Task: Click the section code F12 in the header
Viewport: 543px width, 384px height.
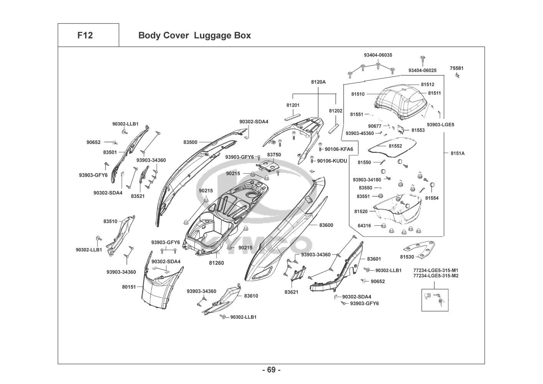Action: [85, 35]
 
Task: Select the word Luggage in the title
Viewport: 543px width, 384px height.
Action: [210, 35]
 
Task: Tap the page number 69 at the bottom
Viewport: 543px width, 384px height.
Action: [271, 370]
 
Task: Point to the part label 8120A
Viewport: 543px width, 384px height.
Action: [318, 82]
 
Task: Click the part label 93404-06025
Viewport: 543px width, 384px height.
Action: [422, 71]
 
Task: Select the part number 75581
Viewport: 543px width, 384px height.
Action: [457, 68]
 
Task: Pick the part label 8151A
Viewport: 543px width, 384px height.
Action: [457, 153]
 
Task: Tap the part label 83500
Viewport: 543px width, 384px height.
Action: [190, 142]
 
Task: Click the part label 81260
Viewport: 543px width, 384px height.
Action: [216, 263]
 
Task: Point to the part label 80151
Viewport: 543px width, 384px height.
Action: [129, 286]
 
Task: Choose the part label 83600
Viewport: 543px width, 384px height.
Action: [326, 225]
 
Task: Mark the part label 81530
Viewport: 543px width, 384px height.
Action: [407, 257]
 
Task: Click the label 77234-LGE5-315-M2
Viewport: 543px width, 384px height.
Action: [436, 276]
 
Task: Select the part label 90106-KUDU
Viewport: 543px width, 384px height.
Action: [332, 161]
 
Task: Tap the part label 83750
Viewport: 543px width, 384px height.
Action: [274, 154]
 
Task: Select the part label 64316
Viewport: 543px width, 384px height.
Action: [364, 226]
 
